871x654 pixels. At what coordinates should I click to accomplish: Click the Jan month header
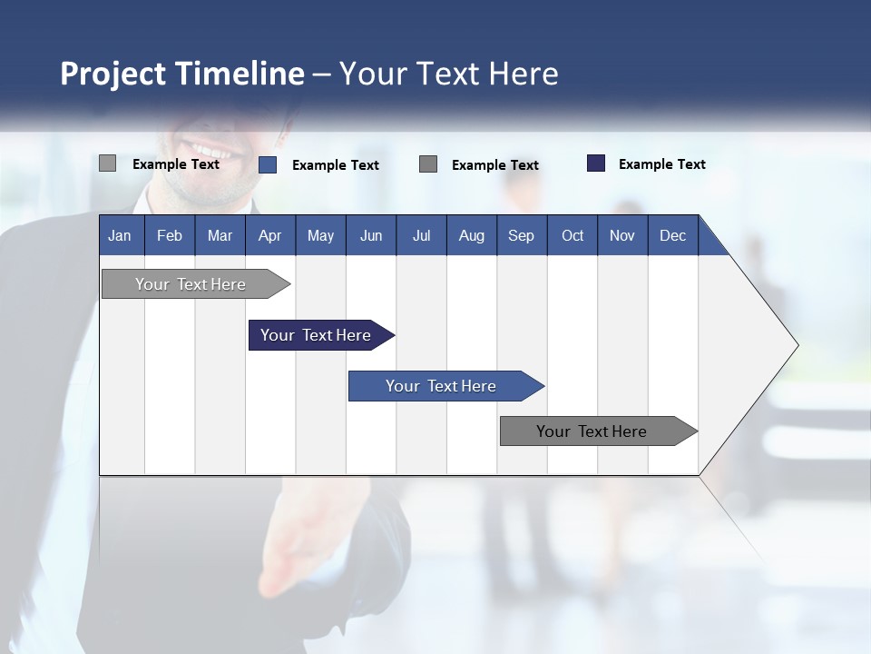[120, 235]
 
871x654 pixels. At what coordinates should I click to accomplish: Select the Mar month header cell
[220, 235]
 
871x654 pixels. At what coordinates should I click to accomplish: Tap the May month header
[320, 235]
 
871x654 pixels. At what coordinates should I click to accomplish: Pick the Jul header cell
[421, 235]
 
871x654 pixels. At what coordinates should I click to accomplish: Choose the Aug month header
[471, 235]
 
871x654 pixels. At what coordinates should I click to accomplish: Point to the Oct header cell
[572, 235]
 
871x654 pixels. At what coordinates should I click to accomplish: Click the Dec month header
[672, 235]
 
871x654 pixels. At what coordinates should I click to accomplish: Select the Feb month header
[170, 235]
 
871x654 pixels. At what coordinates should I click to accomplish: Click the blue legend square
[268, 164]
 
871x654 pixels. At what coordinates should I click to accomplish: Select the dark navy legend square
[596, 163]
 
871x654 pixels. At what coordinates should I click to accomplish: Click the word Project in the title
[114, 74]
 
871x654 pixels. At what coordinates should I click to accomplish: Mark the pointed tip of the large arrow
[797, 345]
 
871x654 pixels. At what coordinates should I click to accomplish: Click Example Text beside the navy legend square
[661, 164]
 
